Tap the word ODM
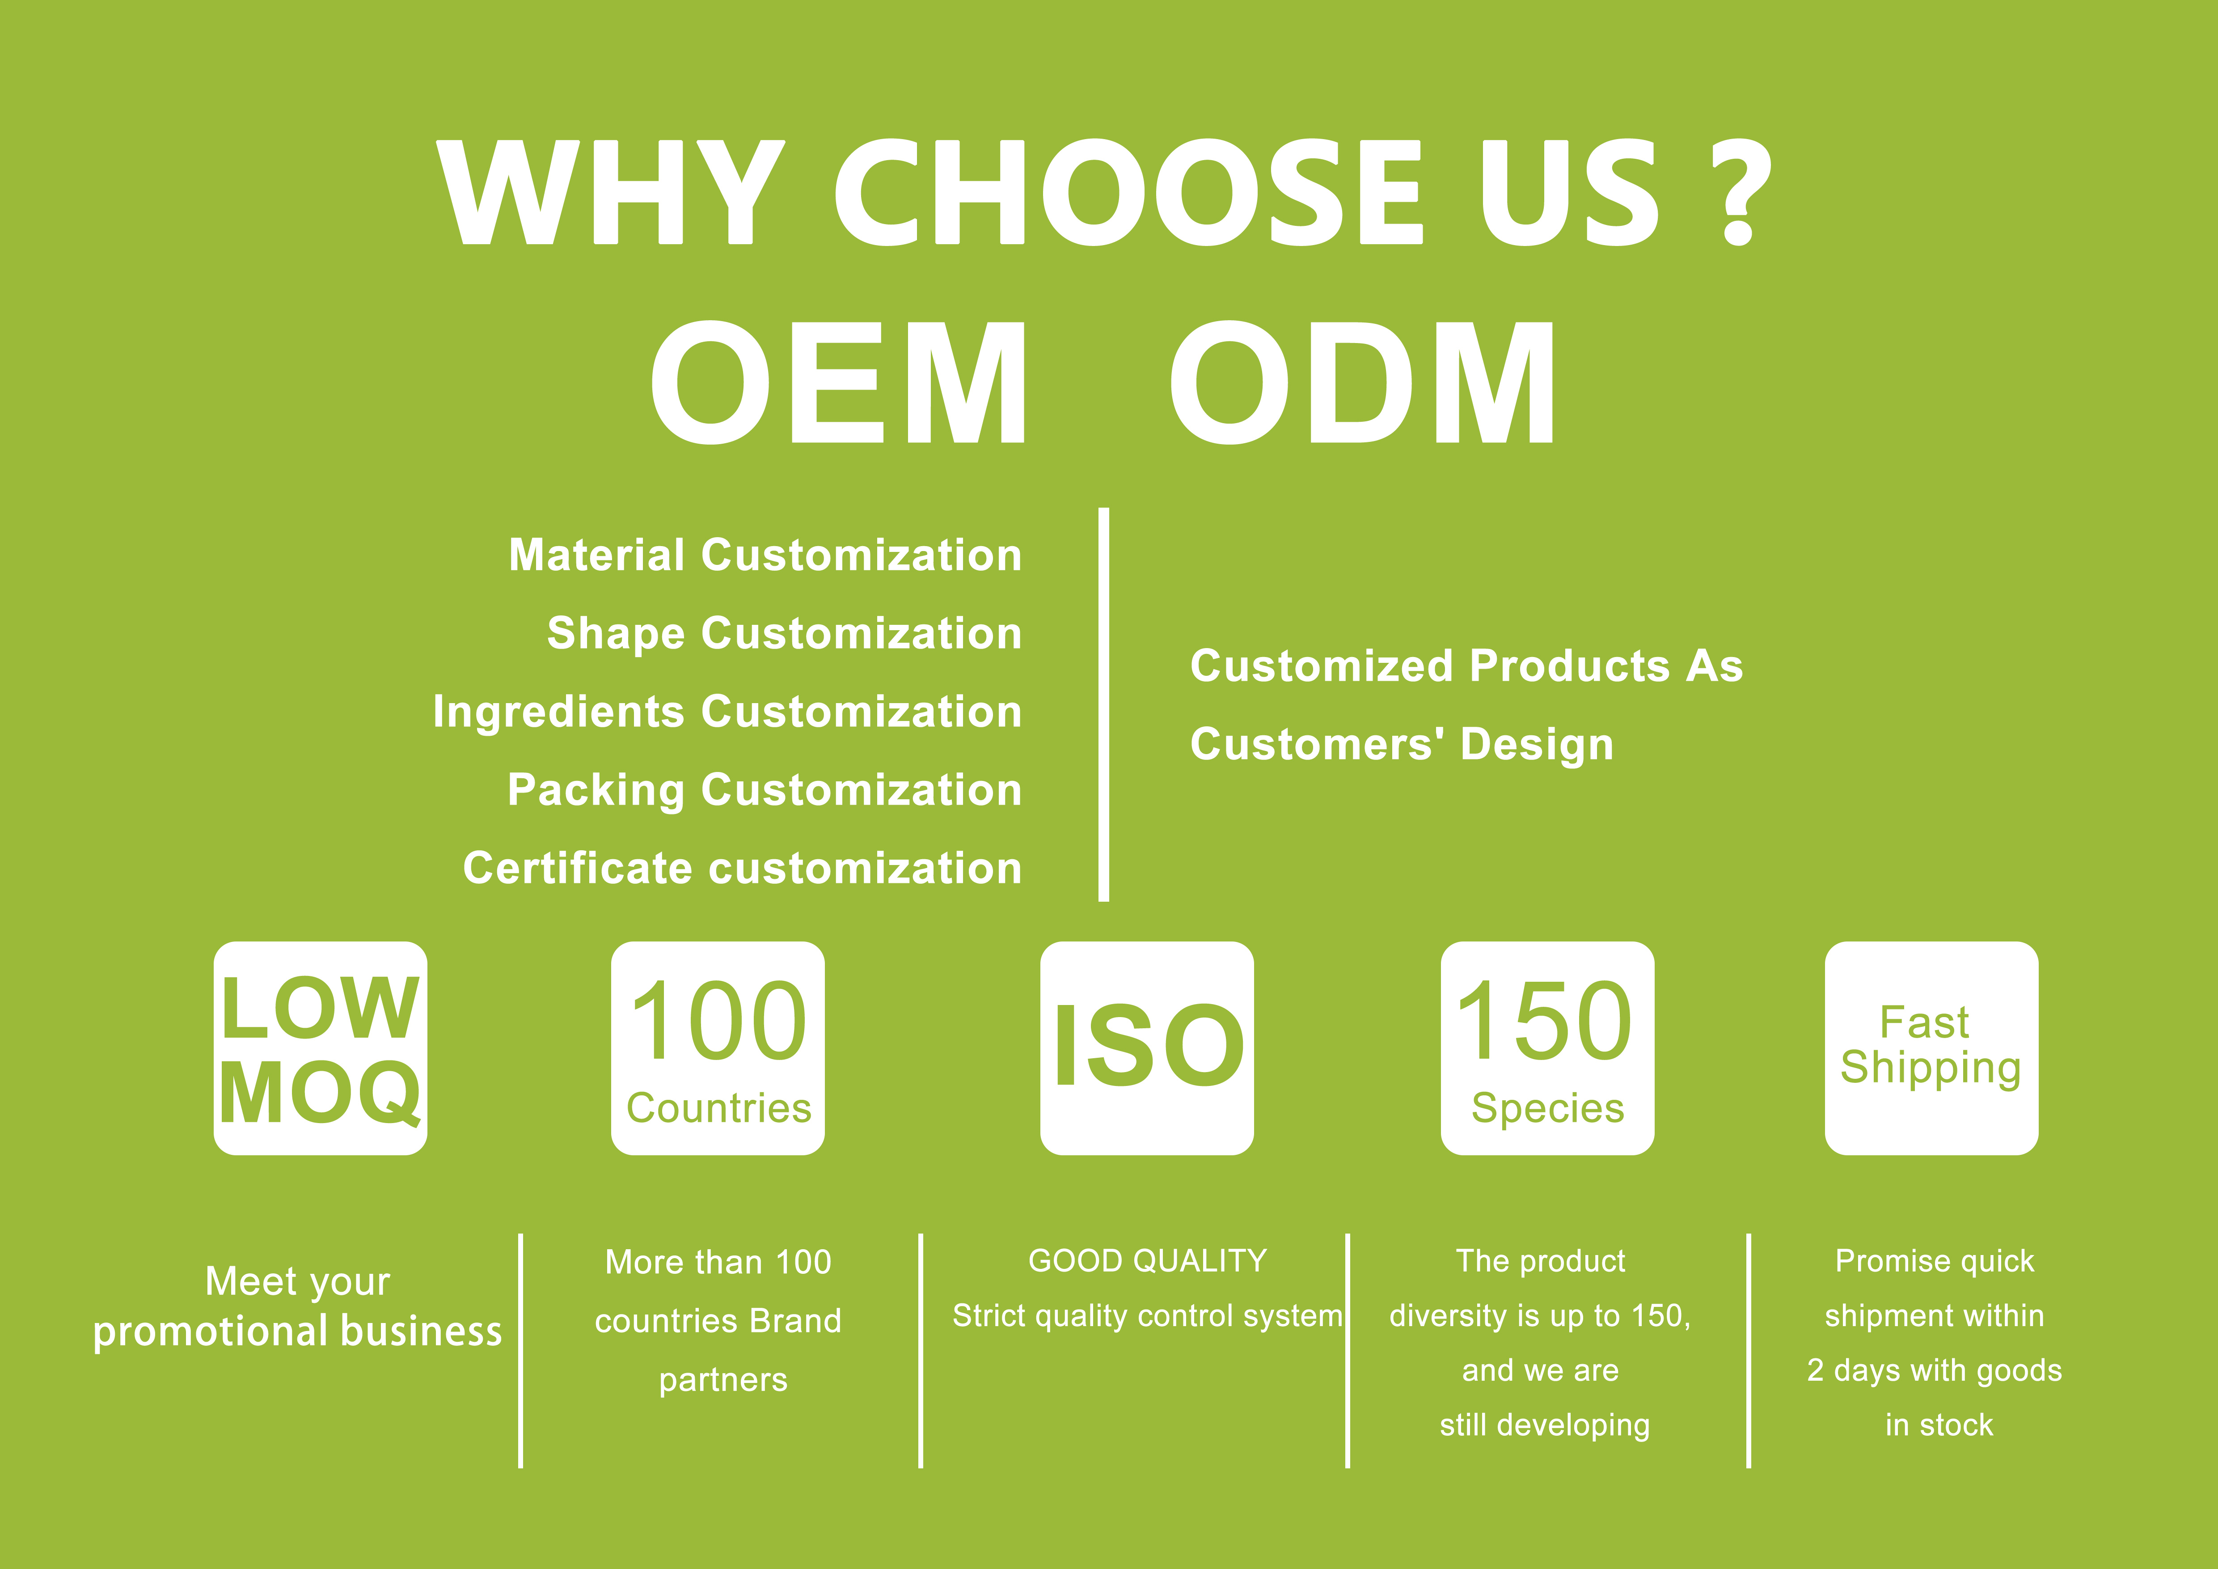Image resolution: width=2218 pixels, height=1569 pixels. click(x=1363, y=382)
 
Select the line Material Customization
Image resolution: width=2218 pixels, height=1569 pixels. click(x=765, y=556)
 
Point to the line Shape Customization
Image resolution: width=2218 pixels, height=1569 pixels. click(x=784, y=634)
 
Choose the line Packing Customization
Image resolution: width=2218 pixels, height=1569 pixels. click(x=764, y=790)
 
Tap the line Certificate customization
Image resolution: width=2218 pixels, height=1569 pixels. click(x=742, y=869)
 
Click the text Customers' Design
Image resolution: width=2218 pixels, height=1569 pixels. click(x=1402, y=745)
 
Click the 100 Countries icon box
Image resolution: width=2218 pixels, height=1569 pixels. click(x=718, y=1048)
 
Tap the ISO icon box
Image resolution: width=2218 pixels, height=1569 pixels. click(x=1147, y=1048)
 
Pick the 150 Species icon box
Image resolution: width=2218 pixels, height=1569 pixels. click(x=1546, y=1048)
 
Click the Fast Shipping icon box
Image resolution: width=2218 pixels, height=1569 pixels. click(x=1931, y=1048)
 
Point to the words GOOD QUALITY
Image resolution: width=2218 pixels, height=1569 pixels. click(x=1147, y=1261)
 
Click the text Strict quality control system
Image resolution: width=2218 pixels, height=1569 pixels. click(x=1147, y=1316)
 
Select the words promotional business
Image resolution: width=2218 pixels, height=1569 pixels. click(x=298, y=1332)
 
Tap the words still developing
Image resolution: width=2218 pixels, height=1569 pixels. click(x=1544, y=1425)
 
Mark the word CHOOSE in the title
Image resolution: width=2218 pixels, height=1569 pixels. click(x=1128, y=191)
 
